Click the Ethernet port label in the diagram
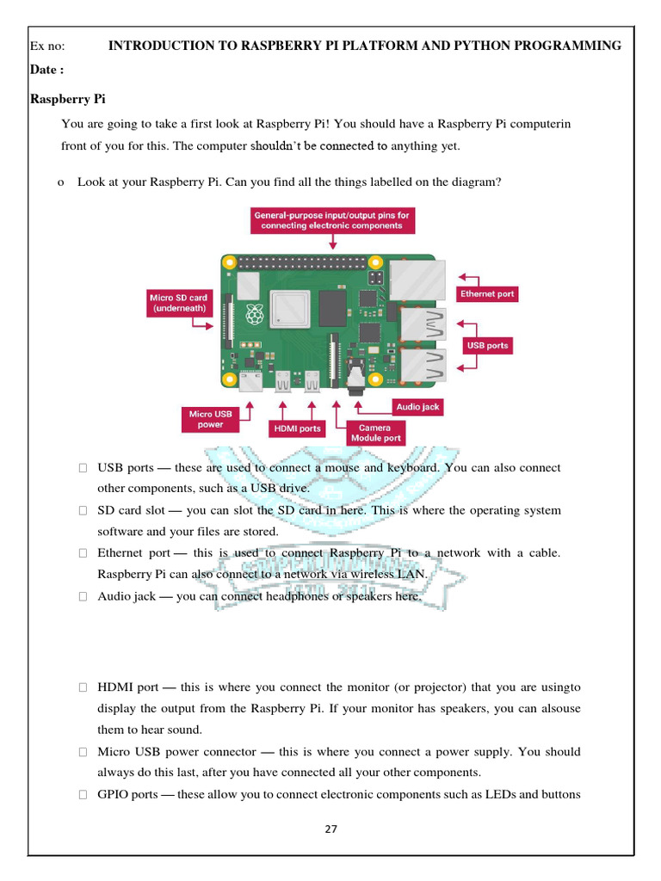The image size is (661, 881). (487, 293)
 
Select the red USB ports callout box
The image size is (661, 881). (487, 345)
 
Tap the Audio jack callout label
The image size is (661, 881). (418, 406)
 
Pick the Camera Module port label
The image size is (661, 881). (375, 432)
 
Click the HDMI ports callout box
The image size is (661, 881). (297, 428)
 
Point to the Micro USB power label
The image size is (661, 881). (211, 419)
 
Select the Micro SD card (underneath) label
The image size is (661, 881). (179, 302)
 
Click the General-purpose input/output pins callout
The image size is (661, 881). (332, 219)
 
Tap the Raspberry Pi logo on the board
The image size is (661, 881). (255, 315)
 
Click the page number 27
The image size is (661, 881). (331, 829)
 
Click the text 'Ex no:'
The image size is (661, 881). (47, 46)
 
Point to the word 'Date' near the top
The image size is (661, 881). (45, 69)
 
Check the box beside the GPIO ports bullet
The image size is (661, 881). (83, 795)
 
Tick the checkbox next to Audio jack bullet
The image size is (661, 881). (83, 596)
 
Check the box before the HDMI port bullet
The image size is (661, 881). (83, 687)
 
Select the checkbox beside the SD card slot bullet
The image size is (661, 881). (83, 510)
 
